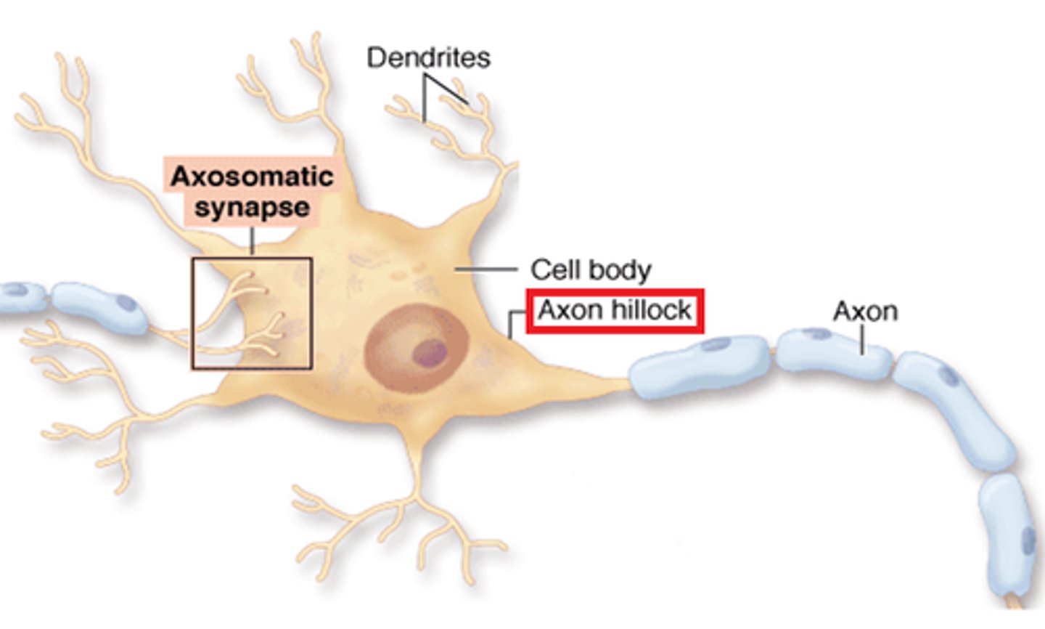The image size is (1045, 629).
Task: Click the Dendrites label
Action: [x=428, y=57]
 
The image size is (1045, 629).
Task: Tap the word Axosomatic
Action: [x=252, y=176]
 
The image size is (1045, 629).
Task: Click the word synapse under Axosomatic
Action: [x=252, y=208]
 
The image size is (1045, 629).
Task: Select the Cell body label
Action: [x=591, y=269]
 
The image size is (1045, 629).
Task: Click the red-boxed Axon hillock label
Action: [x=615, y=311]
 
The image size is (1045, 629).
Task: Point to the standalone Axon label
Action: [x=865, y=311]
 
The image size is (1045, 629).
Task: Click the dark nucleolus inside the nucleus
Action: [x=430, y=353]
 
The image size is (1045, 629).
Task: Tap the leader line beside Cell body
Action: [x=486, y=269]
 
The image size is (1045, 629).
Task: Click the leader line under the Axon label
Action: [x=862, y=339]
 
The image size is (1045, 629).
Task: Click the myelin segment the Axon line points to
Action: [x=835, y=352]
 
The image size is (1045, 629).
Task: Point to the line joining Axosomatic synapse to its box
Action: [x=252, y=241]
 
